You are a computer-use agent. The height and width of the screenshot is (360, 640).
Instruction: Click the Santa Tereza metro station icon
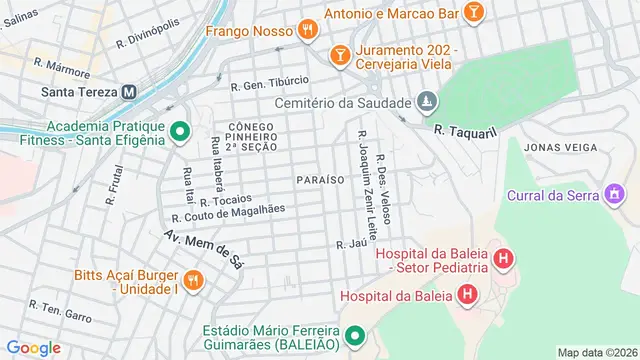point(129,91)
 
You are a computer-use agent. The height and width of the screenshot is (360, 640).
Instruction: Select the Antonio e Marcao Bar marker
point(474,12)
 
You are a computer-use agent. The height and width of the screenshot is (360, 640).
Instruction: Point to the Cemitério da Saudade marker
point(427,102)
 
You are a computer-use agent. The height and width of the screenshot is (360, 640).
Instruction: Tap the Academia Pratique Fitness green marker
point(180,132)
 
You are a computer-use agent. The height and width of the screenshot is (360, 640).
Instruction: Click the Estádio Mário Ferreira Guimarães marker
point(355,340)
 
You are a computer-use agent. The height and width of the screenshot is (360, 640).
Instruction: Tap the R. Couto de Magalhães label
point(229,212)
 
